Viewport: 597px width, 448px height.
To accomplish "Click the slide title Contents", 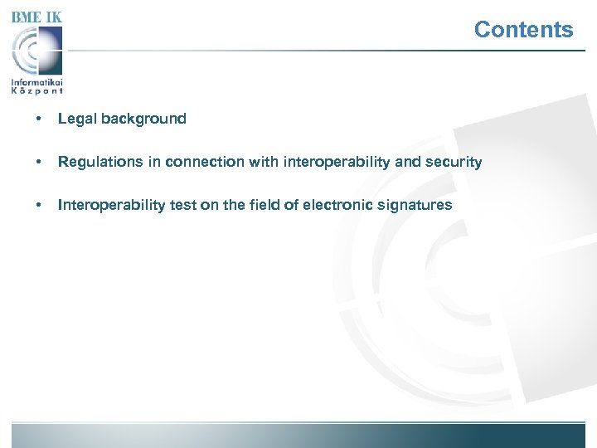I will pos(523,30).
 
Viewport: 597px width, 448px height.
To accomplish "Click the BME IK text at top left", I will pos(37,17).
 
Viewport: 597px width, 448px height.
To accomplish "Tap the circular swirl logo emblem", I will pos(37,51).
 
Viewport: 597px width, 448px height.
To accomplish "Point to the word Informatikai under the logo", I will pos(37,82).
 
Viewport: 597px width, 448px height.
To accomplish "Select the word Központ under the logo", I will pos(37,91).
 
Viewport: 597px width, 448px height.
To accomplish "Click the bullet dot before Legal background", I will pos(39,119).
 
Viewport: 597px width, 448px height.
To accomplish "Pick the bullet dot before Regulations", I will pos(39,162).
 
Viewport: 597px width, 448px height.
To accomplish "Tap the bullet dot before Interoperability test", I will pos(39,205).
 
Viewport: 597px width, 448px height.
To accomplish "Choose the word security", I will pos(454,162).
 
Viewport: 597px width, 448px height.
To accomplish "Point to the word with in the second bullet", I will pos(263,162).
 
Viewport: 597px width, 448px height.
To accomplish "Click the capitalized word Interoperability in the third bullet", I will pos(112,205).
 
